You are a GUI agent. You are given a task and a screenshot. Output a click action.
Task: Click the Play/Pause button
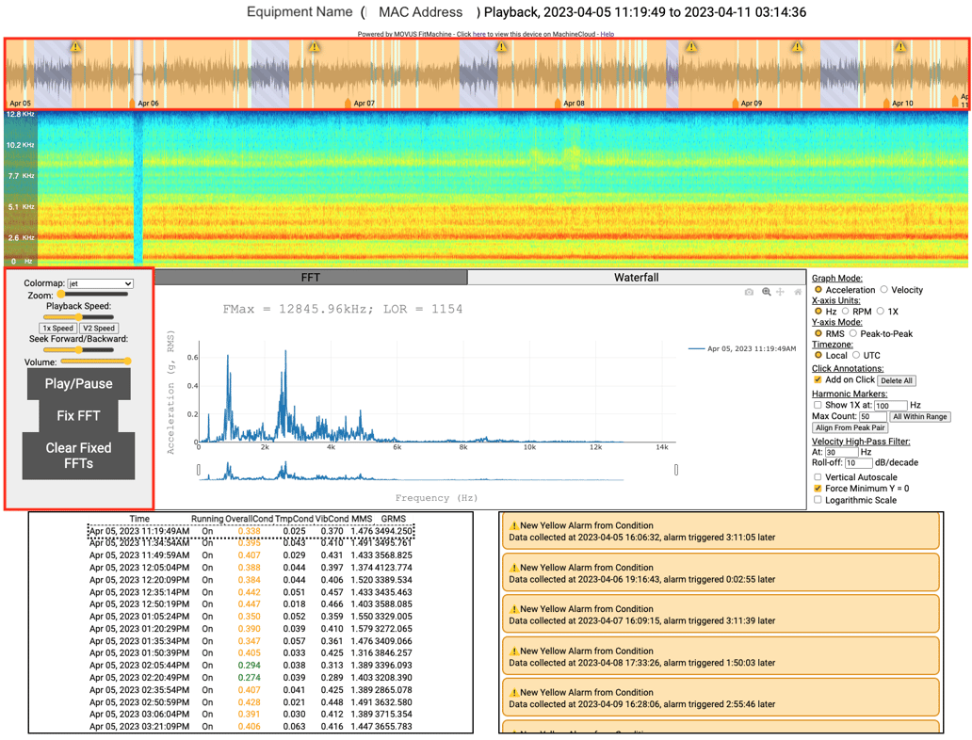79,384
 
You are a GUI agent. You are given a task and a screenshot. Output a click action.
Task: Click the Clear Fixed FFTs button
79,456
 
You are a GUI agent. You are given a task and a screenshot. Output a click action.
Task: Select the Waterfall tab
636,278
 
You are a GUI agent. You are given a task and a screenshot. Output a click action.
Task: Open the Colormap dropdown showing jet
100,283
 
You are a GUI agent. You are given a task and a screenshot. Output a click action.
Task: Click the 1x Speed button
57,329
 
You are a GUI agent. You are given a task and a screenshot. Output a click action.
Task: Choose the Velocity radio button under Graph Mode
884,290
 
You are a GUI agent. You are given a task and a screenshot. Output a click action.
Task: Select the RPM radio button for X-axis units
846,312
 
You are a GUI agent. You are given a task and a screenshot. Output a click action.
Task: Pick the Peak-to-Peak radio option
853,333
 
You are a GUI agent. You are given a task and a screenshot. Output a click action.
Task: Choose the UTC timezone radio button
856,356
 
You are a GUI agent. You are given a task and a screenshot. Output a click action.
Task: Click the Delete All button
897,380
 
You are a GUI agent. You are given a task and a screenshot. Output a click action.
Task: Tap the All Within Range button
919,416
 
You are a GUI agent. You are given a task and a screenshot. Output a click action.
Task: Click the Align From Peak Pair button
850,427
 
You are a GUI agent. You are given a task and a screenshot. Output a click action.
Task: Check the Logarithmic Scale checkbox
818,500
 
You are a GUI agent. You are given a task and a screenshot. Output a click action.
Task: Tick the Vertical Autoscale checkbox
818,477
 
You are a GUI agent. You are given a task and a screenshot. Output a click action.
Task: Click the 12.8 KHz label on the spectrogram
21,115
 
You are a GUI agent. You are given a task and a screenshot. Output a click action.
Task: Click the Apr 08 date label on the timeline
573,104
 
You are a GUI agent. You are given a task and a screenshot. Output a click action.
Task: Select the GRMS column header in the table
393,519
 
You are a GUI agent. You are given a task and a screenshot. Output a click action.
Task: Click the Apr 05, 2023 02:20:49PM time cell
139,678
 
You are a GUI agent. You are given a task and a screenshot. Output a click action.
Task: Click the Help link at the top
607,34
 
